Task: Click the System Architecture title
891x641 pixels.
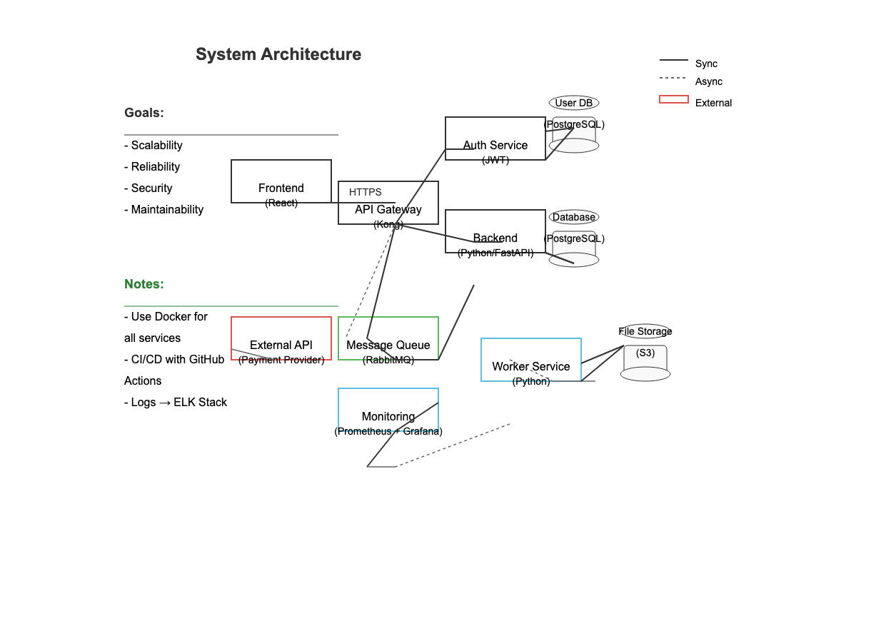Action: coord(278,54)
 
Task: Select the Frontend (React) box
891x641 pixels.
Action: coord(281,177)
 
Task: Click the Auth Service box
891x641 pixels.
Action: coord(495,136)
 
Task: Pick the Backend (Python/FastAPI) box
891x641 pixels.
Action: coord(495,227)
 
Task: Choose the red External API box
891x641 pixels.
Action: coord(281,335)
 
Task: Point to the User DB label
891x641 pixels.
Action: coord(574,103)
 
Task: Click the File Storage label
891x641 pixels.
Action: coord(645,331)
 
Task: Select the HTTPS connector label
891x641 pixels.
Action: coord(366,192)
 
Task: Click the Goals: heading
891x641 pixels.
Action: coord(144,113)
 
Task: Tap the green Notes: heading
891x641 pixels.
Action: coord(144,284)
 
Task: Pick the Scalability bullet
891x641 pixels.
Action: coord(153,146)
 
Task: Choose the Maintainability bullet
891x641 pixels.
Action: coord(164,210)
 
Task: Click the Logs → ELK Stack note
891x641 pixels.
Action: coord(176,403)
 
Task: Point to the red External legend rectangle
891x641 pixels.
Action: coord(674,99)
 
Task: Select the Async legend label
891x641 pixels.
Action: coord(709,81)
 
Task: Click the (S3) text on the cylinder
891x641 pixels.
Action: coord(645,353)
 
